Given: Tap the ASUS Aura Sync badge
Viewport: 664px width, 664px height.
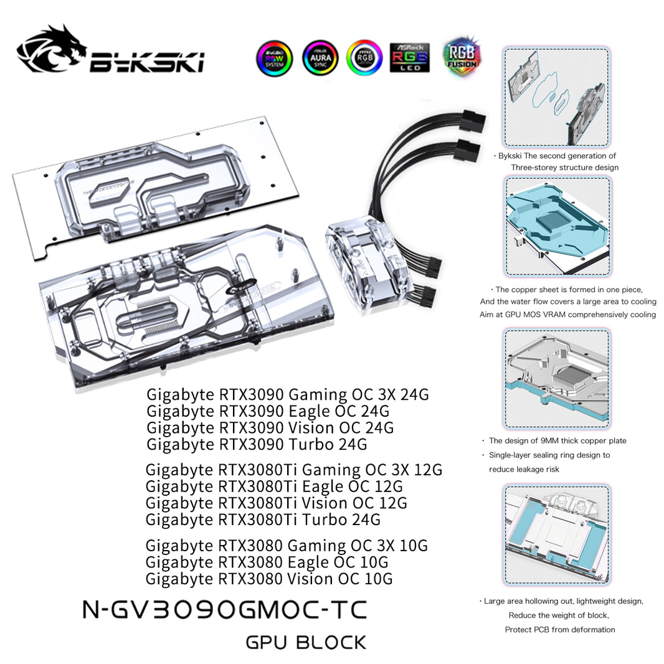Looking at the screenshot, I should [x=320, y=58].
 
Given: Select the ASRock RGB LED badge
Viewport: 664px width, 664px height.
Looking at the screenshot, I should [x=409, y=58].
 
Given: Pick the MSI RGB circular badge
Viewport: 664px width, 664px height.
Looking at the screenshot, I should [x=364, y=58].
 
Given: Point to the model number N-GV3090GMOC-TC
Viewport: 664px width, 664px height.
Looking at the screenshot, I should [x=225, y=610].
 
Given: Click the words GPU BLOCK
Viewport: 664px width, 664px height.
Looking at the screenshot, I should [x=306, y=642].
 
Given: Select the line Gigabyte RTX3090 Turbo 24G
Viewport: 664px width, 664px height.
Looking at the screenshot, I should [x=257, y=444].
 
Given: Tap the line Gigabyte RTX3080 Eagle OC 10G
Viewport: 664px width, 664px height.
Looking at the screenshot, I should [x=267, y=562].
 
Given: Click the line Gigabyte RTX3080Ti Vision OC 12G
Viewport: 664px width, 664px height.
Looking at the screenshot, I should [x=276, y=503].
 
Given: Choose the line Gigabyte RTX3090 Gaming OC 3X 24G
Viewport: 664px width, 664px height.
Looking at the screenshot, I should [x=287, y=394].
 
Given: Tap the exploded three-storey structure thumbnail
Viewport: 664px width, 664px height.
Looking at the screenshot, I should [x=556, y=97].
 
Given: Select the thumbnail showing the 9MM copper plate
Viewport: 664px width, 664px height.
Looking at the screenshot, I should [x=557, y=377].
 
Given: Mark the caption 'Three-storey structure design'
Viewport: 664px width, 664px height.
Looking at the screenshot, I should [x=564, y=167].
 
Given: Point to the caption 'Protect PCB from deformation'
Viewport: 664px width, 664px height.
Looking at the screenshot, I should [x=559, y=629].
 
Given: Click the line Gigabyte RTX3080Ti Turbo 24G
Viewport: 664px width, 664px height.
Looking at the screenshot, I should [x=263, y=519].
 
